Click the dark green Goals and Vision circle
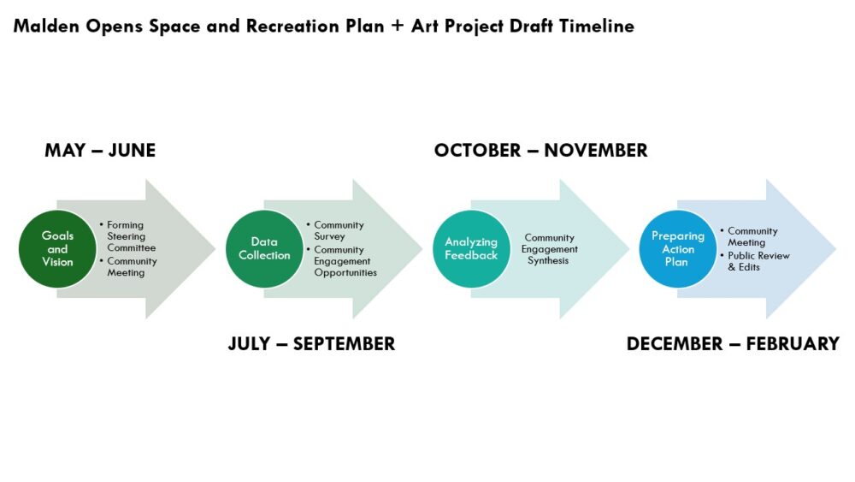tap(57, 248)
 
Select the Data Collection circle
tap(264, 248)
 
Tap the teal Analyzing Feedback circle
tap(471, 248)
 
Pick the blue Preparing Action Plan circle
tap(677, 248)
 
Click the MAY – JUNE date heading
tap(100, 151)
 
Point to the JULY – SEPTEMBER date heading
tap(311, 344)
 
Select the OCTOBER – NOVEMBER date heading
tap(540, 151)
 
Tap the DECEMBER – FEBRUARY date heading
tap(733, 344)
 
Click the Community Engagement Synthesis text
tap(549, 249)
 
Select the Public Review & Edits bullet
tap(758, 261)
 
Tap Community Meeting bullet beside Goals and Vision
tap(132, 267)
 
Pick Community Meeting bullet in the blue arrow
tap(752, 236)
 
